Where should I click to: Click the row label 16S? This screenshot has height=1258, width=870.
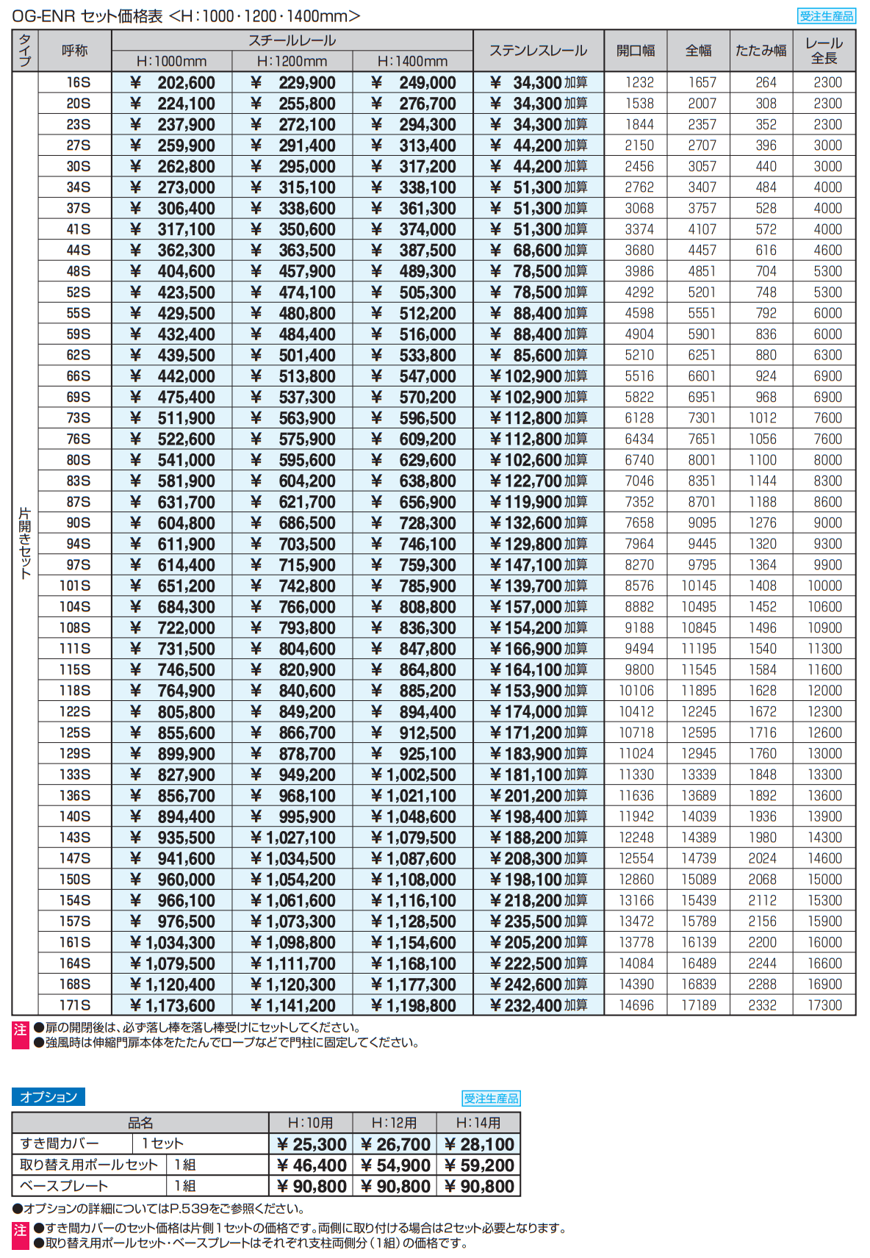click(78, 82)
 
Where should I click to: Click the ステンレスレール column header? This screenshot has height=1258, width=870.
click(538, 51)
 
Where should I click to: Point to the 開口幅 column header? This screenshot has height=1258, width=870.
click(636, 51)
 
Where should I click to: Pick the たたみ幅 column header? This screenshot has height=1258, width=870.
click(761, 51)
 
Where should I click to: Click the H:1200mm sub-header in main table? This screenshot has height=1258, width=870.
click(292, 62)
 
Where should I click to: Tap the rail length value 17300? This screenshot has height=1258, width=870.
click(824, 1005)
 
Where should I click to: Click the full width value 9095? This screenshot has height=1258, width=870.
click(701, 523)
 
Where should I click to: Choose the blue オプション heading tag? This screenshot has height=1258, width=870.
click(48, 1097)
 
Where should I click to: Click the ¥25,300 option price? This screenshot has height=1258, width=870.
click(311, 1145)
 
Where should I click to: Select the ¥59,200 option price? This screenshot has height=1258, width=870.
click(478, 1165)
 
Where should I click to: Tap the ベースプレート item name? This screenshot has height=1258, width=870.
click(64, 1186)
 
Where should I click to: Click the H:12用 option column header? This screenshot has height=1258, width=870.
click(394, 1123)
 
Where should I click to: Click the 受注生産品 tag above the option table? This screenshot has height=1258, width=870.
click(491, 1099)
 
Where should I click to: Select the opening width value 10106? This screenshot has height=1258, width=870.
click(636, 691)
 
